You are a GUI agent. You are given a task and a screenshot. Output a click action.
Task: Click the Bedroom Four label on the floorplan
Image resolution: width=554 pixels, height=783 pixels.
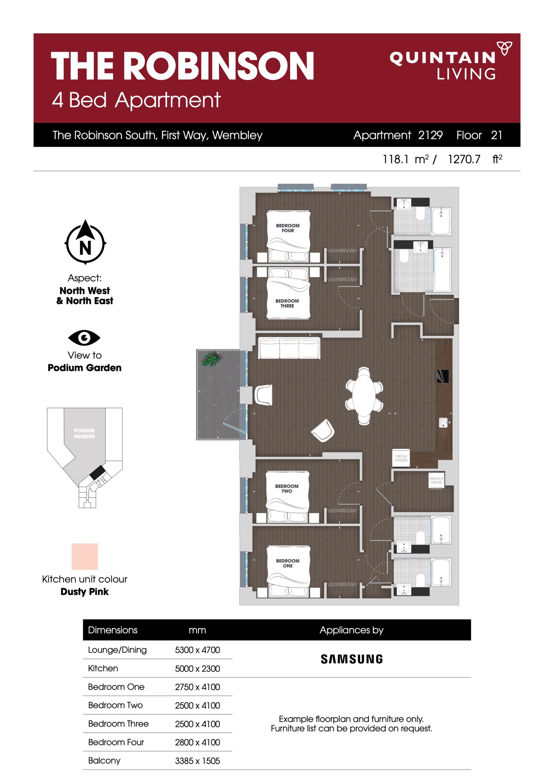click(x=287, y=228)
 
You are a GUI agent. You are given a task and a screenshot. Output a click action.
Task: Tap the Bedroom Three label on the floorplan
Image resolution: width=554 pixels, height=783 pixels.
click(x=287, y=303)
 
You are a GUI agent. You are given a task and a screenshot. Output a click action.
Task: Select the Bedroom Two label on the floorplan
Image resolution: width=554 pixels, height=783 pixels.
click(x=287, y=488)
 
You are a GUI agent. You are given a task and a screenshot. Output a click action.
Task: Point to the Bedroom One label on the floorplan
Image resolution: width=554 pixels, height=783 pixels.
click(x=287, y=563)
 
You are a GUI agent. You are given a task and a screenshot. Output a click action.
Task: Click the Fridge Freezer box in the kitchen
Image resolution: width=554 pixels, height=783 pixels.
click(x=401, y=458)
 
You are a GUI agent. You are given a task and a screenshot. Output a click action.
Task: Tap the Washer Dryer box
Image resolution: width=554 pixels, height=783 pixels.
click(x=436, y=480)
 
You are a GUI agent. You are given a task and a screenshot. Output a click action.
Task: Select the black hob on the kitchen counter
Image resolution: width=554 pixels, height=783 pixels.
click(x=443, y=376)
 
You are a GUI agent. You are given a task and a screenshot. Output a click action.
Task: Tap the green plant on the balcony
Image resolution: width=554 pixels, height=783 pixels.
click(x=210, y=360)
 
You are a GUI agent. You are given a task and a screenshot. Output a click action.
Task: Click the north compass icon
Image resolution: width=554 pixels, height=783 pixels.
click(x=85, y=242)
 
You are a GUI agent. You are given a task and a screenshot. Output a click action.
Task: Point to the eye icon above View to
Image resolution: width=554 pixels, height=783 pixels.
click(x=84, y=338)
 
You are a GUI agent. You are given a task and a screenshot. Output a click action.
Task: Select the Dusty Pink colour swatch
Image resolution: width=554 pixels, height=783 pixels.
click(x=85, y=556)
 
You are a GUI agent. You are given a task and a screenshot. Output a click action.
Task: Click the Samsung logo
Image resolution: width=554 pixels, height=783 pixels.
click(x=352, y=659)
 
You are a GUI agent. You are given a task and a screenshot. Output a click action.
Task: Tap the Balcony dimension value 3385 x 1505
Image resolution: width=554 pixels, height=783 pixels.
click(x=197, y=761)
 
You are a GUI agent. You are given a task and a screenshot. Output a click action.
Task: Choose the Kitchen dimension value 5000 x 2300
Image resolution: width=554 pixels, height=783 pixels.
click(x=197, y=668)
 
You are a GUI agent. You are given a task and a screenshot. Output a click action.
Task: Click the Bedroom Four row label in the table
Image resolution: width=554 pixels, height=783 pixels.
click(x=116, y=742)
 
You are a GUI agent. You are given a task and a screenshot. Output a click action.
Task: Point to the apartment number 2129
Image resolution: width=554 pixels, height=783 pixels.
click(x=430, y=135)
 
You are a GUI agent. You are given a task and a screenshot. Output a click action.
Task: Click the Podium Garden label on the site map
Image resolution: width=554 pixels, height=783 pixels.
click(x=84, y=433)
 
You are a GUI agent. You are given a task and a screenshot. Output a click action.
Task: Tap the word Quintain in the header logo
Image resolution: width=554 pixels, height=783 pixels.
click(x=443, y=58)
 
